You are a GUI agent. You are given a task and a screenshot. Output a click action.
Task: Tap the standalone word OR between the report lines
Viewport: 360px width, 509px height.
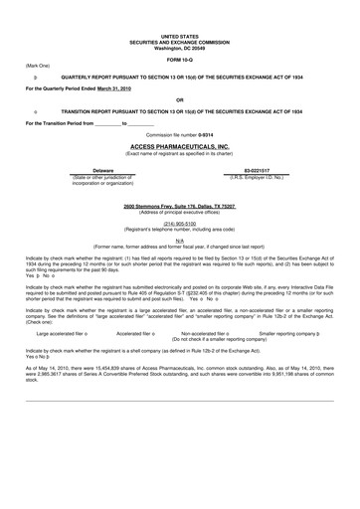[x=179, y=100]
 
